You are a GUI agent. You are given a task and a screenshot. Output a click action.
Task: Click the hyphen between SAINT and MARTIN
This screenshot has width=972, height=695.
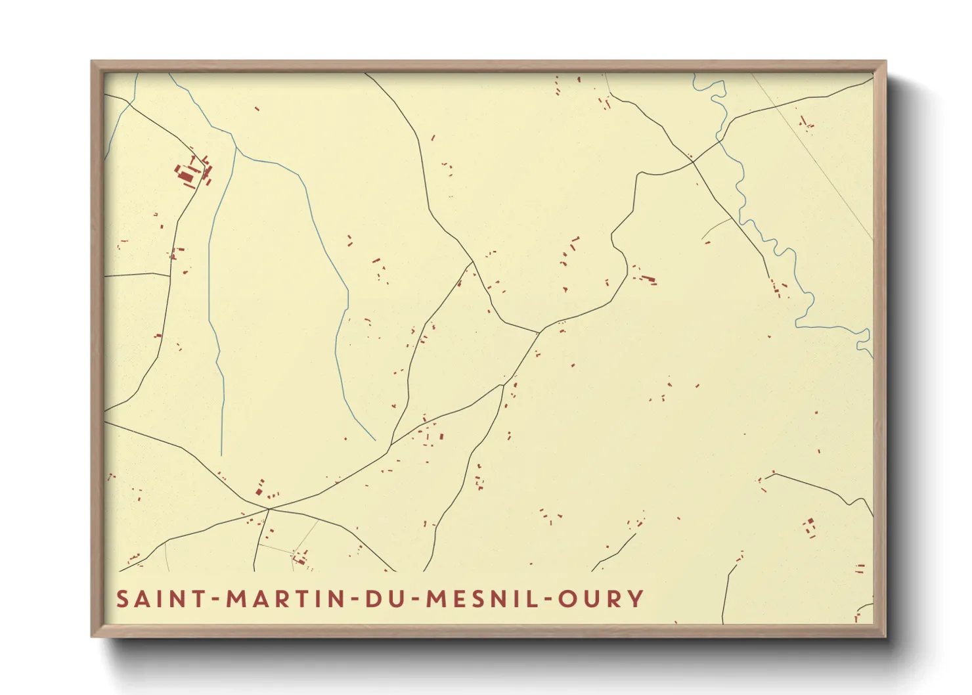[217, 600]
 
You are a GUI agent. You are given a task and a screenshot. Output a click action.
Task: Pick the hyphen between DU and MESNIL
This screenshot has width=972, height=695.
[419, 600]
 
